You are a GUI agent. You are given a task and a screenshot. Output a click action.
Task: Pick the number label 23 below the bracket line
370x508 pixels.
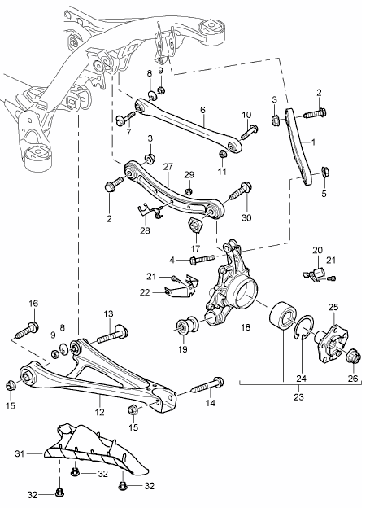coord(282,399)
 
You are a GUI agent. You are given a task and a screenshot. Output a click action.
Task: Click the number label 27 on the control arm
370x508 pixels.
coord(168,165)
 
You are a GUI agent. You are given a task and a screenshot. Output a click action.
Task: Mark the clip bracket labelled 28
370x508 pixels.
coord(148,213)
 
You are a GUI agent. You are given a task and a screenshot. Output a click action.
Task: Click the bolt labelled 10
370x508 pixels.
coord(249,128)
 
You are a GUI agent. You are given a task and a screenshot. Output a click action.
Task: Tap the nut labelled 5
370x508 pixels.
coord(324,172)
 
